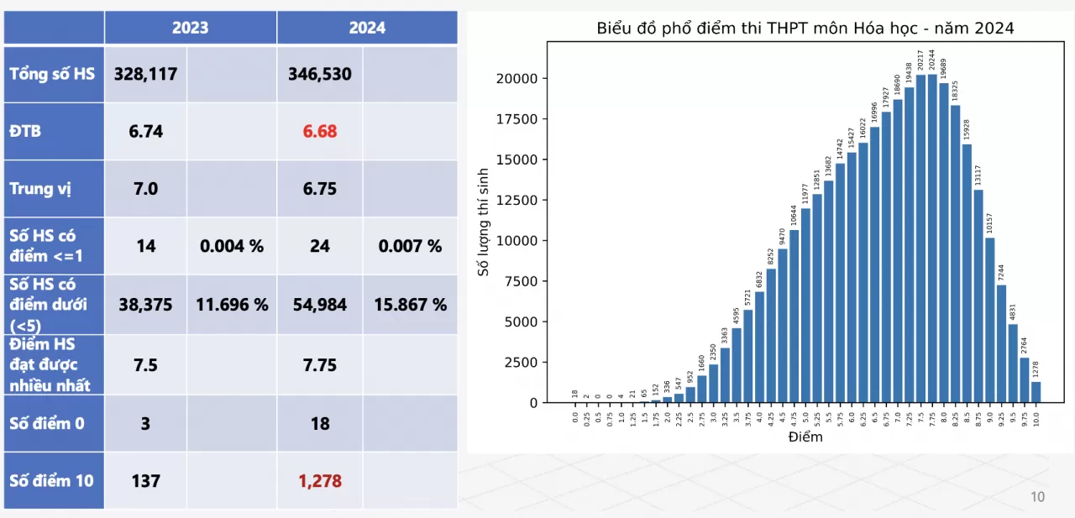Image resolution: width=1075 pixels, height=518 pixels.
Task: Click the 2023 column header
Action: (x=190, y=28)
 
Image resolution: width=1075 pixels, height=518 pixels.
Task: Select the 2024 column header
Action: (x=367, y=28)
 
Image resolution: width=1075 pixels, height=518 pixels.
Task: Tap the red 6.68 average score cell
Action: (x=319, y=131)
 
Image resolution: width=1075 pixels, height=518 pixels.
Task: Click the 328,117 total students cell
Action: (x=145, y=74)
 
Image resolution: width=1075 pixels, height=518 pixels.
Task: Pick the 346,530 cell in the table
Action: (x=319, y=74)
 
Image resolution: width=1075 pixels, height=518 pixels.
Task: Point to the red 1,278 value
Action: (x=319, y=481)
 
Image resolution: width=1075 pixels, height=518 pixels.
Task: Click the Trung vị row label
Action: (x=40, y=188)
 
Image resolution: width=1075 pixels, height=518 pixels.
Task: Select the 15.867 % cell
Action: (x=410, y=305)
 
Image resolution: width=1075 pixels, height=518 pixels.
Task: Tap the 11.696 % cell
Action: (x=232, y=305)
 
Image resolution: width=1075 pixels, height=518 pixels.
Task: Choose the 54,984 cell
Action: (x=319, y=305)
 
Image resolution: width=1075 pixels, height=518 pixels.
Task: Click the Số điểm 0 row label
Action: (x=47, y=423)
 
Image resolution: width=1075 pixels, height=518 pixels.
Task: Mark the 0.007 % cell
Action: (x=410, y=246)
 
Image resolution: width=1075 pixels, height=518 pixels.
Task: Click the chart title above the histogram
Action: (x=805, y=29)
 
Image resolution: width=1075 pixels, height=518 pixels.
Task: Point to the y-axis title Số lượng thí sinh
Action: (x=483, y=222)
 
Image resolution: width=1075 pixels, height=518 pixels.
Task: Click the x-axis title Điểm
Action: (x=805, y=437)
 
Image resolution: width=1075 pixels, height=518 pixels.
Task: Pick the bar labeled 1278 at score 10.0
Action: (x=1036, y=392)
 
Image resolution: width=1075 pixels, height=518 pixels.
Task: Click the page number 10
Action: (x=1037, y=497)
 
